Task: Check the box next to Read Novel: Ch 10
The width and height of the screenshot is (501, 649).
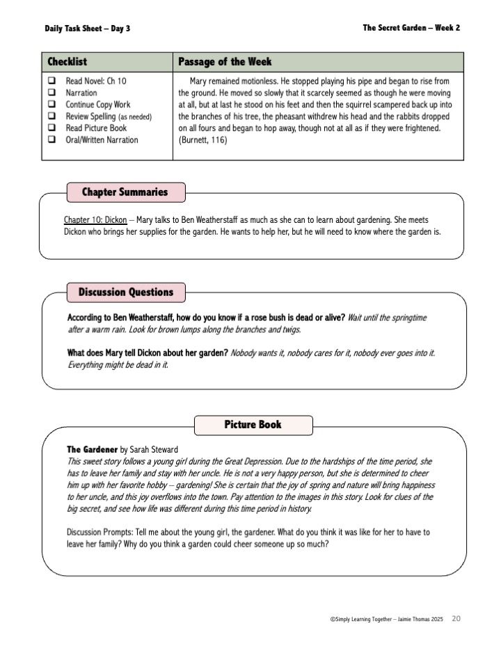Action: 51,81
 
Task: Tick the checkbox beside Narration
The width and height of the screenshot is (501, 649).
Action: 51,93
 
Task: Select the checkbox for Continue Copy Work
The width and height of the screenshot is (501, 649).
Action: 51,104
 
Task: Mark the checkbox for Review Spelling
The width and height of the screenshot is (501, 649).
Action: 51,116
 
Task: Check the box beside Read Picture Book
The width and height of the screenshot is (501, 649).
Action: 51,128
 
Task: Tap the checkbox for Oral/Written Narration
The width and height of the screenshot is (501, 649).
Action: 51,140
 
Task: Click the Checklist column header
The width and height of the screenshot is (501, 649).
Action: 67,62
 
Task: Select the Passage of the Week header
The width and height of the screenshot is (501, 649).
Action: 225,62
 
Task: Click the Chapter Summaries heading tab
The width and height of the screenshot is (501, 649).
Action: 125,191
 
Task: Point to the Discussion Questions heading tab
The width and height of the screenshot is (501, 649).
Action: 125,292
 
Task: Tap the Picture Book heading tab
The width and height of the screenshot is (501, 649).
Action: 253,424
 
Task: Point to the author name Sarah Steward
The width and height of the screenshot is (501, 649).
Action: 154,449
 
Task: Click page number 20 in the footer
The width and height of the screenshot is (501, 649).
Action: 456,618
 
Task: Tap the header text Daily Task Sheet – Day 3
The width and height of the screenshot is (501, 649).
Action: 87,29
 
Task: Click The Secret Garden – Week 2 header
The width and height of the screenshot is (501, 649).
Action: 411,28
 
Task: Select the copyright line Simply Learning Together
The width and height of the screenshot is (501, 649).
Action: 387,618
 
